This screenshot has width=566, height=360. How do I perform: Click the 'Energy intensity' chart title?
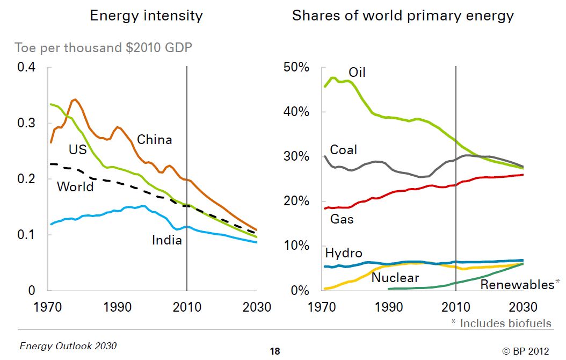[x=146, y=16]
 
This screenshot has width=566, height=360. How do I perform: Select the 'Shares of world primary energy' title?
[x=403, y=16]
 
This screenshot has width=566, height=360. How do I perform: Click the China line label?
[x=155, y=140]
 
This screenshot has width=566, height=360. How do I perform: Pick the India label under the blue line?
[x=167, y=240]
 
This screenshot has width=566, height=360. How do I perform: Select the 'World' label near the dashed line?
[x=75, y=186]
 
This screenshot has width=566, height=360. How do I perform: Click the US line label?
[x=77, y=149]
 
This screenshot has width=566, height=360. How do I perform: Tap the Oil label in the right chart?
[x=357, y=72]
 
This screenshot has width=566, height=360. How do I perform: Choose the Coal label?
[x=343, y=149]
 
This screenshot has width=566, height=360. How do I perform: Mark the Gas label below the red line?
[x=342, y=219]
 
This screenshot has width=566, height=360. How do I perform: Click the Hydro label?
[x=344, y=253]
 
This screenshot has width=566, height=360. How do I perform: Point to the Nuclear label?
[x=395, y=278]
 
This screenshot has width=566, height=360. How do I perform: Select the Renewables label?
[x=517, y=284]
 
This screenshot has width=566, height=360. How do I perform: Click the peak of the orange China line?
[x=75, y=99]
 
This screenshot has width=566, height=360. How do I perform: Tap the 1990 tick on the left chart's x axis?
[x=118, y=307]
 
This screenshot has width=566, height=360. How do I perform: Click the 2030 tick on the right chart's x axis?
[x=523, y=307]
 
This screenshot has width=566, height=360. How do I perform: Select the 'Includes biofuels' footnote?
[x=501, y=323]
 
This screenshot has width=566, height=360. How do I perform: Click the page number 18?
[x=274, y=351]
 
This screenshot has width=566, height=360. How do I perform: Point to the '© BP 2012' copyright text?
[x=526, y=351]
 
